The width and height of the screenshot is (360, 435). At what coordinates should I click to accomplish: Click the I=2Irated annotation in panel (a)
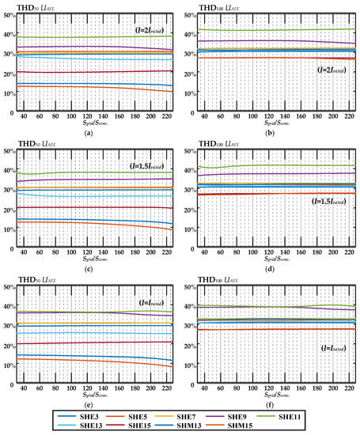coord(152,30)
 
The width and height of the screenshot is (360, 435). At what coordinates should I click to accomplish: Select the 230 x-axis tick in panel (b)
coord(349,118)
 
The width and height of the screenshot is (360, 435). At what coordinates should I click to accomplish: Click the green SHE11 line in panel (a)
coord(95,37)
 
